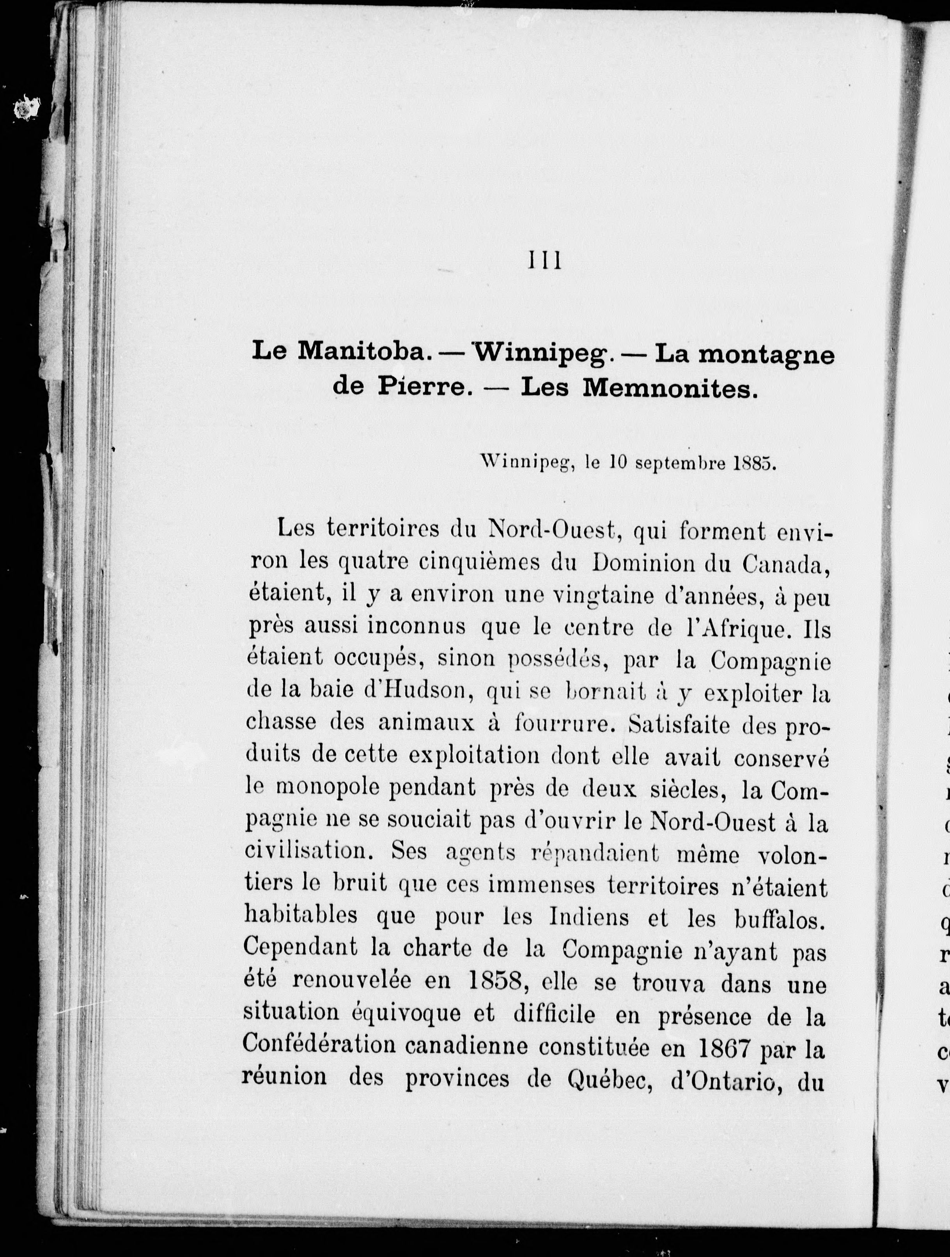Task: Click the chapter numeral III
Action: pyautogui.click(x=545, y=261)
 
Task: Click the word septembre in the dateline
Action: pyautogui.click(x=679, y=462)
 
